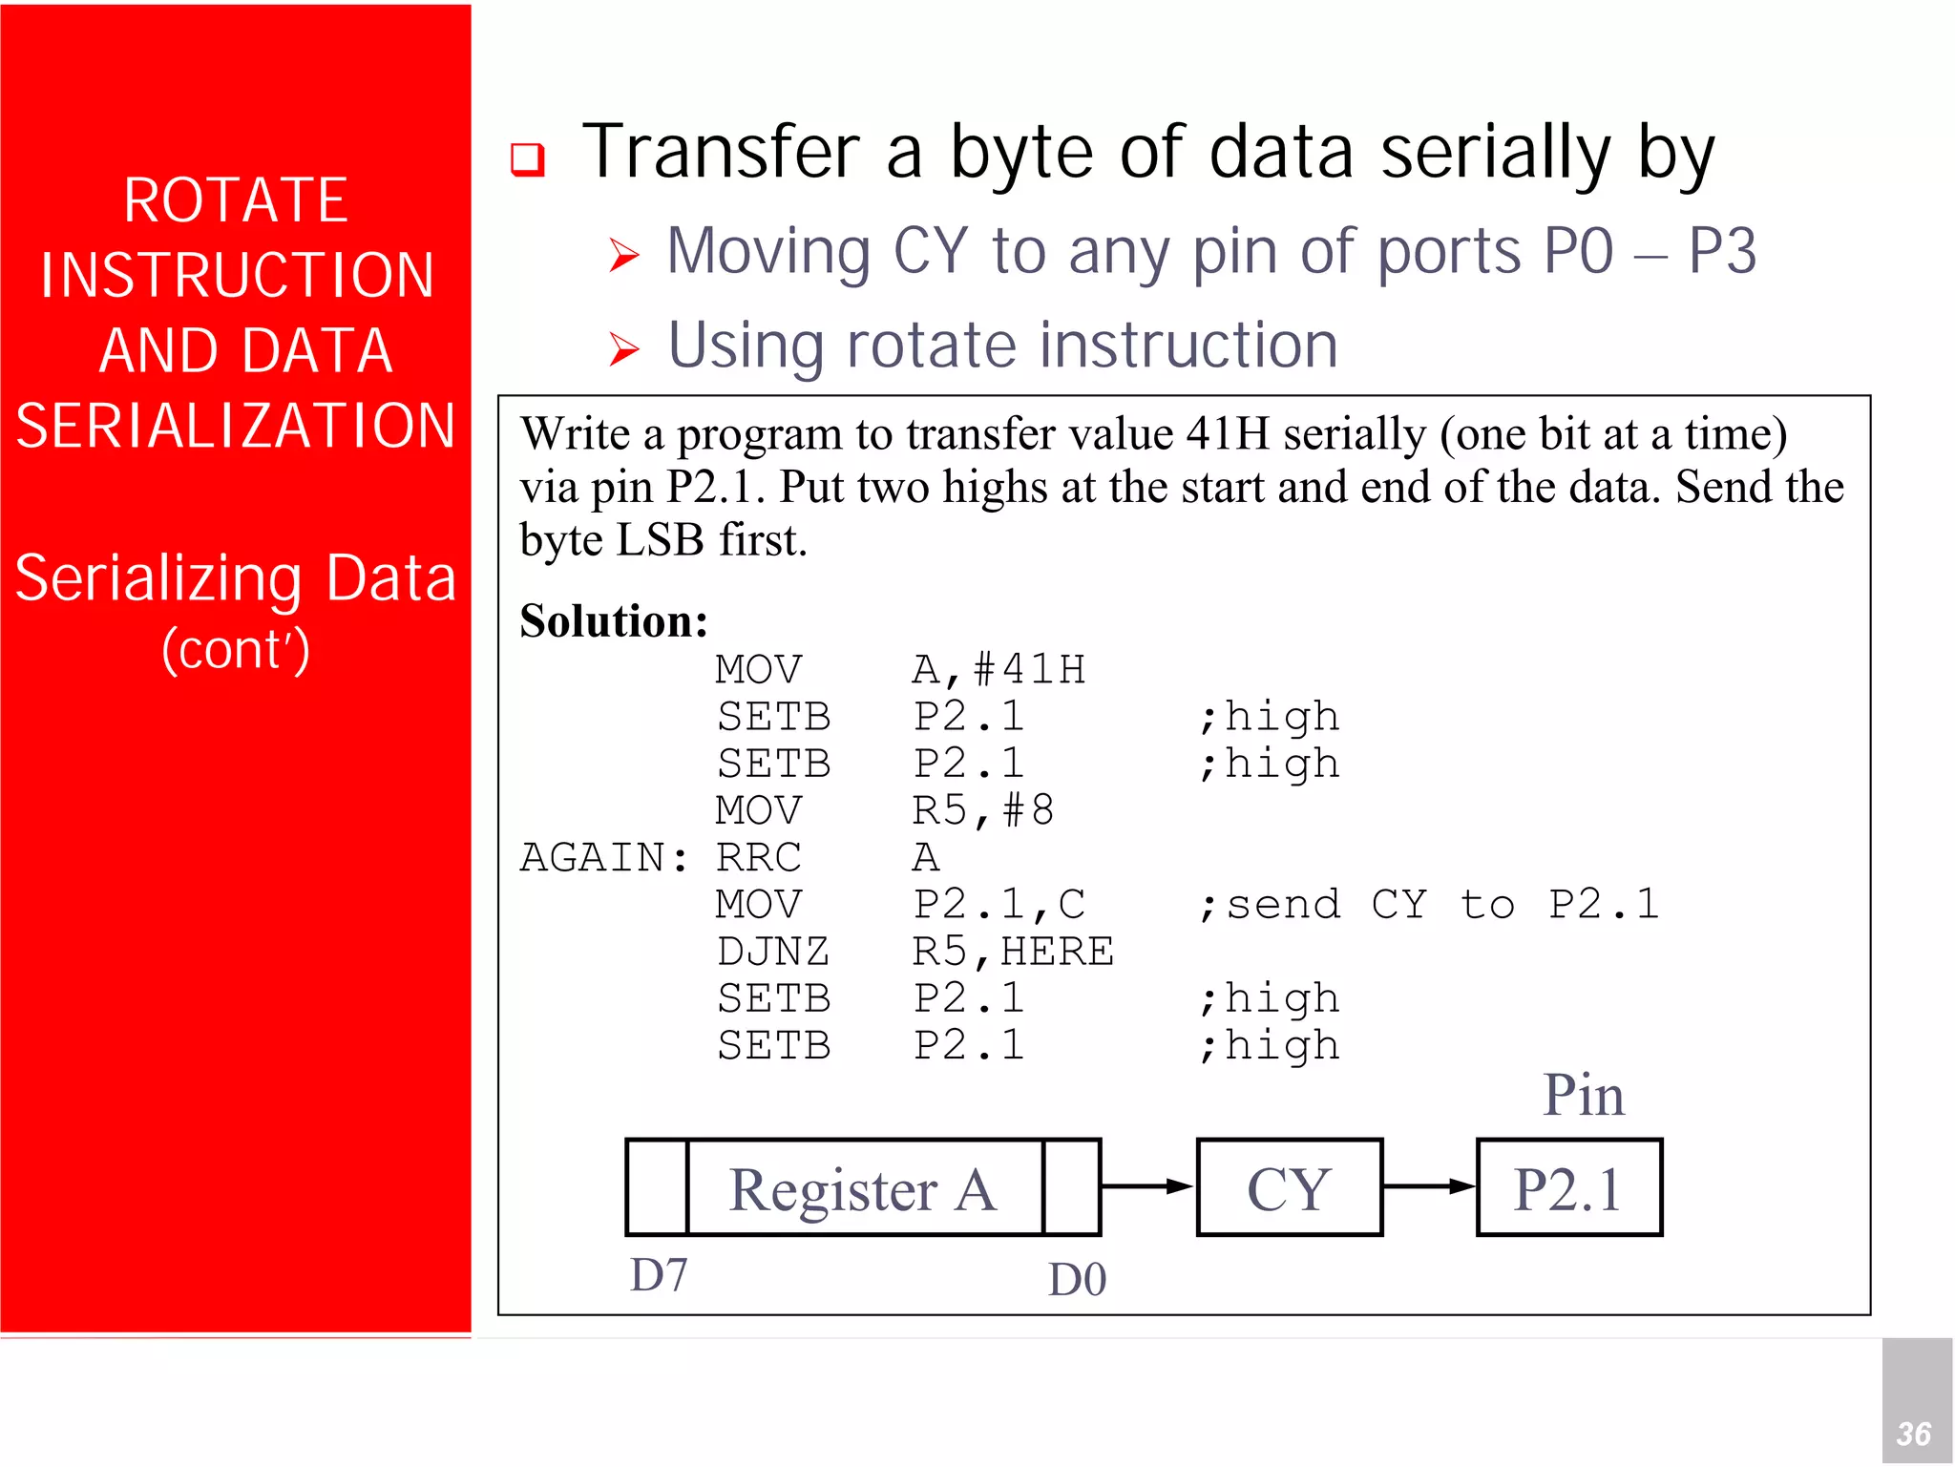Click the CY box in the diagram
pyautogui.click(x=1289, y=1187)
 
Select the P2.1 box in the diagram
pyautogui.click(x=1568, y=1187)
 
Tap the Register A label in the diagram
pyautogui.click(x=864, y=1189)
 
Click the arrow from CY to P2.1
pyautogui.click(x=1429, y=1186)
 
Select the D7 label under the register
pyautogui.click(x=659, y=1275)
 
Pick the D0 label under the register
pyautogui.click(x=1077, y=1279)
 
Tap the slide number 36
pyautogui.click(x=1913, y=1434)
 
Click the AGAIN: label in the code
pyautogui.click(x=603, y=857)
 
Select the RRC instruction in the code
pyautogui.click(x=759, y=857)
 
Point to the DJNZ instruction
pyautogui.click(x=773, y=952)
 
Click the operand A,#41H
pyautogui.click(x=999, y=669)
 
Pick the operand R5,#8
pyautogui.click(x=983, y=810)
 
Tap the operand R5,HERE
pyautogui.click(x=1013, y=952)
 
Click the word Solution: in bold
pyautogui.click(x=614, y=621)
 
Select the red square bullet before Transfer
pyautogui.click(x=527, y=158)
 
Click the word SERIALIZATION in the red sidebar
pyautogui.click(x=236, y=426)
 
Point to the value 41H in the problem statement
pyautogui.click(x=1228, y=434)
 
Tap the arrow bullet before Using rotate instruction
pyautogui.click(x=624, y=349)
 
